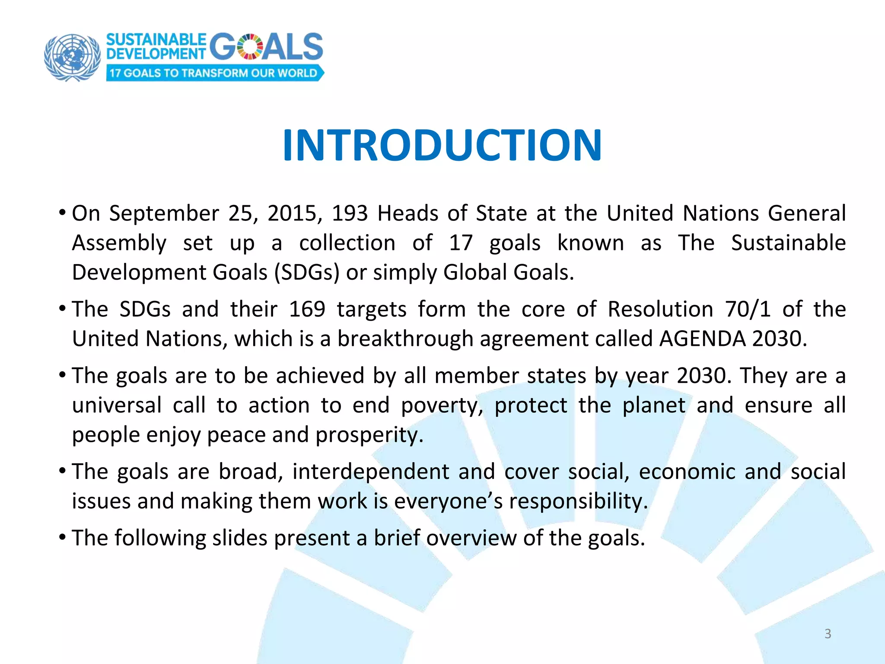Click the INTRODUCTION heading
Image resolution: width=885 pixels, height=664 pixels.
(442, 145)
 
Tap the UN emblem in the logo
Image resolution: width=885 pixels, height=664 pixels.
(72, 57)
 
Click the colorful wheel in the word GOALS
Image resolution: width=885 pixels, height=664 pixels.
(250, 47)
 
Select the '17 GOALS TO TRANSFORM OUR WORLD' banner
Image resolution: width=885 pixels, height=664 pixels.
(214, 73)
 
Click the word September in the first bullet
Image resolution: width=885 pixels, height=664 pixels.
(164, 214)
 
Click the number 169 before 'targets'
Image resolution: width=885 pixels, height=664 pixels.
(307, 310)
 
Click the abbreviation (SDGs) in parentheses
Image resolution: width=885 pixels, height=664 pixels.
(307, 273)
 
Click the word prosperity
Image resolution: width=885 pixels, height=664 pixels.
(369, 435)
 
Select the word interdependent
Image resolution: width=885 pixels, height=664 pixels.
(371, 472)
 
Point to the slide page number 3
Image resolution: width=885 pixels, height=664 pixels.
(828, 634)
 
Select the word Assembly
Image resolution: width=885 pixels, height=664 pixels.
(119, 243)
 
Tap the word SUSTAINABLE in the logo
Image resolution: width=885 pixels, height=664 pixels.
(156, 40)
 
